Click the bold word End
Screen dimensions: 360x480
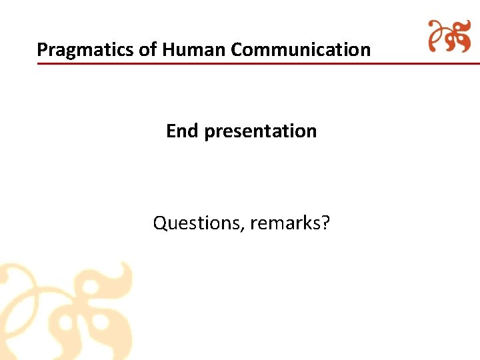coord(182,131)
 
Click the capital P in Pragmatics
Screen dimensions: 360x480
coord(42,49)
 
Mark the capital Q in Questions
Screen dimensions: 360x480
coord(160,223)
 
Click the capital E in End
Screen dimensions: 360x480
coord(171,131)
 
